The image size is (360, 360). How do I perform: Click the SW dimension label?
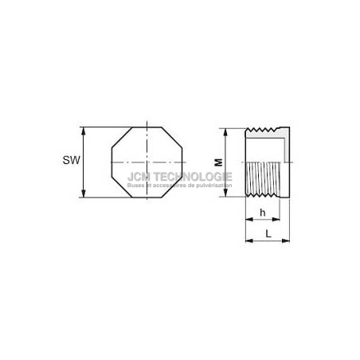click(x=71, y=160)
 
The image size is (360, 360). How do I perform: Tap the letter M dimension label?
click(x=219, y=162)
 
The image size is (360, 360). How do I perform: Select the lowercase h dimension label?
click(x=263, y=213)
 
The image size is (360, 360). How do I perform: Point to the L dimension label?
click(x=268, y=234)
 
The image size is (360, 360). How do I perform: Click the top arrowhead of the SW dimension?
click(x=84, y=131)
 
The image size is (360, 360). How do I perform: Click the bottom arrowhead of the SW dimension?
click(x=84, y=193)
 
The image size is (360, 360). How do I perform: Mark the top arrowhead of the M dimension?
click(x=225, y=133)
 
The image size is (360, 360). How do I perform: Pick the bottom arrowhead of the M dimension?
click(x=225, y=192)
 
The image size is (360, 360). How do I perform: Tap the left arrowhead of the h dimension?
click(x=249, y=219)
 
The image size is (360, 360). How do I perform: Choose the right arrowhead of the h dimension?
click(x=276, y=219)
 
